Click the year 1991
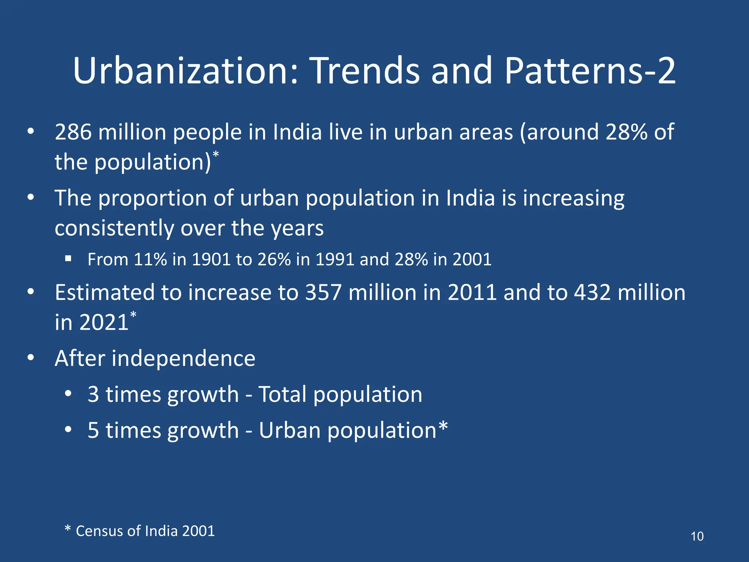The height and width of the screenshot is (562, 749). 335,259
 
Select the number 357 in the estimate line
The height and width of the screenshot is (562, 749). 323,293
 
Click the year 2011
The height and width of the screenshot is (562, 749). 472,293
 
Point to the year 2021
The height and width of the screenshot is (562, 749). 104,322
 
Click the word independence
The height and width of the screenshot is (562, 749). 183,358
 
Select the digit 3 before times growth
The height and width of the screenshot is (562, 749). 93,394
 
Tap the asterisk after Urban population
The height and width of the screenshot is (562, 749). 443,427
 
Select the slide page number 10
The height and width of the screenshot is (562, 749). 697,536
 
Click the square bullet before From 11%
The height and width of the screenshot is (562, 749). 68,259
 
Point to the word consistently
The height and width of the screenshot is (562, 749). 114,228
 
